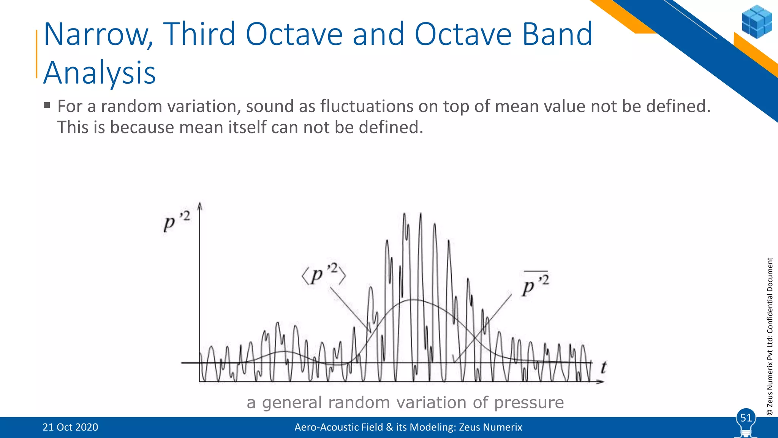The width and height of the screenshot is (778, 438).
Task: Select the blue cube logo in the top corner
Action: click(x=756, y=22)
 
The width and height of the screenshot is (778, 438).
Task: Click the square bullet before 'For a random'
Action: click(x=47, y=105)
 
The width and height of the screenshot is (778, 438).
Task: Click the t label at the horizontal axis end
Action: click(x=603, y=367)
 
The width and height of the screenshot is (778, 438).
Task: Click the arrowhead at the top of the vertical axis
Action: click(x=200, y=206)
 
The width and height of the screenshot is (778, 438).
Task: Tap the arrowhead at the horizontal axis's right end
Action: click(x=601, y=381)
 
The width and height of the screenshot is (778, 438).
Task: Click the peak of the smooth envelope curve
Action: click(x=413, y=300)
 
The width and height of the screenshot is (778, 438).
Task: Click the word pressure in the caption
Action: click(x=529, y=403)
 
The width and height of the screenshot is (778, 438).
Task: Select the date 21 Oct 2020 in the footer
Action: click(x=70, y=427)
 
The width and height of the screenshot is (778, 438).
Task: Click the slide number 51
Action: click(x=746, y=418)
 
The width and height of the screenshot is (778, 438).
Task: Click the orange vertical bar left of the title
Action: click(x=37, y=54)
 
